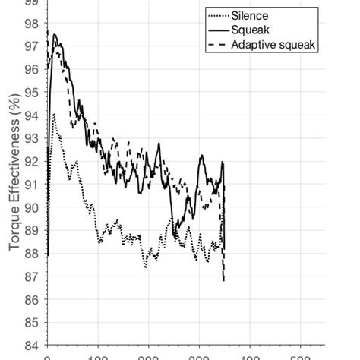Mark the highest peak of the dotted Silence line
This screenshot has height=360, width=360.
pyautogui.click(x=53, y=115)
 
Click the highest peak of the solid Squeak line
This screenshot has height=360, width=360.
pyautogui.click(x=54, y=35)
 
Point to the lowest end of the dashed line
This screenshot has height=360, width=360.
pyautogui.click(x=224, y=280)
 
